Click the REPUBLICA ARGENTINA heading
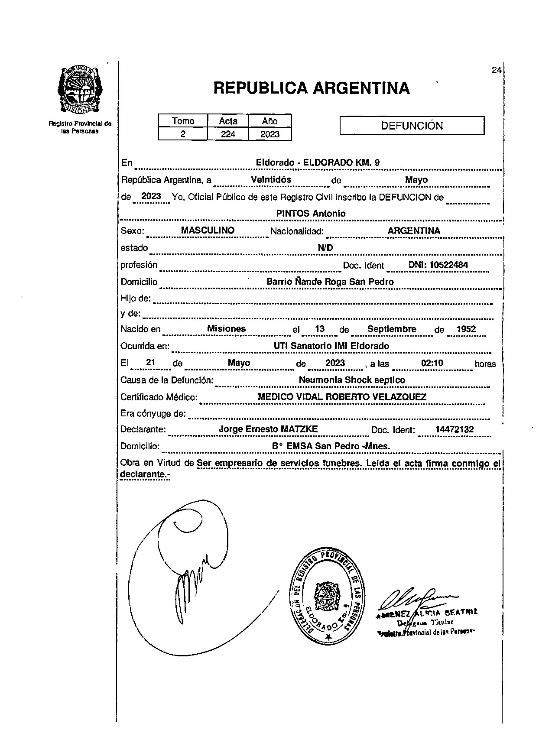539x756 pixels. pyautogui.click(x=312, y=88)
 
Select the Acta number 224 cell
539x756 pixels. pyautogui.click(x=228, y=134)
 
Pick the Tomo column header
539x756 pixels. pyautogui.click(x=183, y=121)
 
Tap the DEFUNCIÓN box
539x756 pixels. pyautogui.click(x=412, y=126)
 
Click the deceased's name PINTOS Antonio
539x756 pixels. pyautogui.click(x=311, y=214)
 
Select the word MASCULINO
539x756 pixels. pyautogui.click(x=208, y=230)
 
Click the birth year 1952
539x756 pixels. pyautogui.click(x=466, y=329)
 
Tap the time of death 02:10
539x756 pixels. pyautogui.click(x=432, y=363)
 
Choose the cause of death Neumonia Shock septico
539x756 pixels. pyautogui.click(x=352, y=380)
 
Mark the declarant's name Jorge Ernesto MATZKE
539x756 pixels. pyautogui.click(x=268, y=429)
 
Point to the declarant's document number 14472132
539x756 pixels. pyautogui.click(x=455, y=429)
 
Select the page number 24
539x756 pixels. pyautogui.click(x=497, y=70)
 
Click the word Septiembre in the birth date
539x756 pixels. pyautogui.click(x=392, y=329)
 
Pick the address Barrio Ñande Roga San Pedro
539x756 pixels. pyautogui.click(x=330, y=282)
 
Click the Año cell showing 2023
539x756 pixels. pyautogui.click(x=270, y=134)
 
